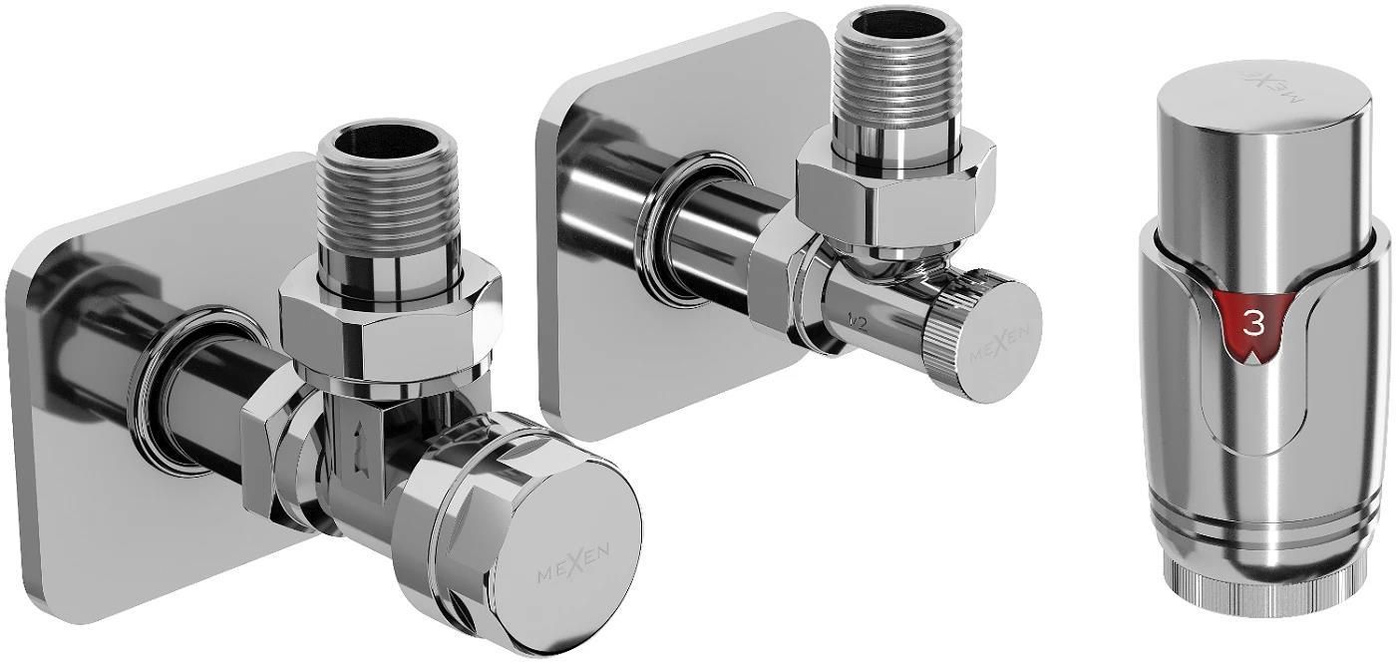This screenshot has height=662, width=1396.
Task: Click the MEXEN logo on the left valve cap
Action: pos(574,566)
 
